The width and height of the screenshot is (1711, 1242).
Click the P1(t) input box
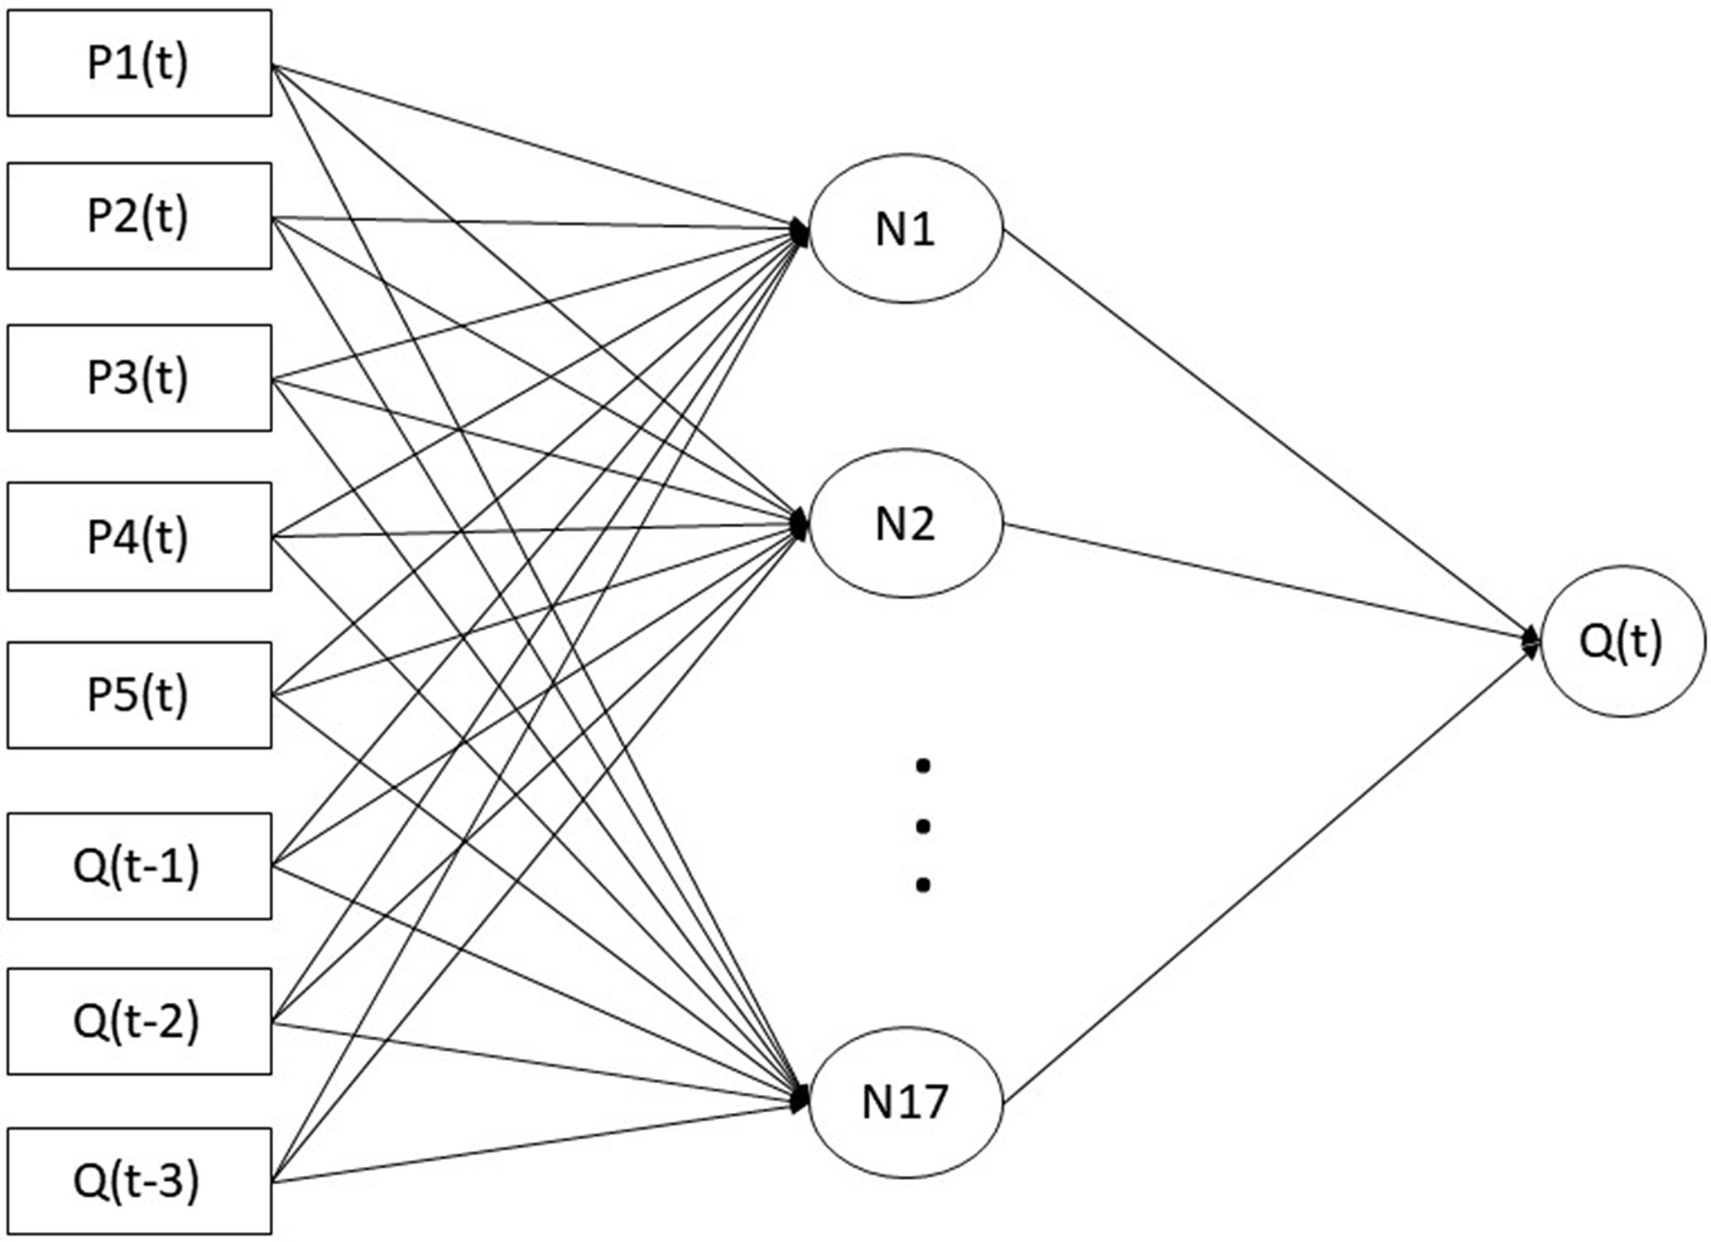[x=139, y=63]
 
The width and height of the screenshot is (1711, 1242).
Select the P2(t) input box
[x=139, y=216]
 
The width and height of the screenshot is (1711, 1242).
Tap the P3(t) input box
[x=139, y=377]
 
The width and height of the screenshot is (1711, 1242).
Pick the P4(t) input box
[x=139, y=536]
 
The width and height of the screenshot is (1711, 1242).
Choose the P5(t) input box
[x=139, y=695]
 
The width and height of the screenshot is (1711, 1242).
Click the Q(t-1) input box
[x=139, y=866]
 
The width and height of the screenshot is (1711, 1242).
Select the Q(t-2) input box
[x=139, y=1021]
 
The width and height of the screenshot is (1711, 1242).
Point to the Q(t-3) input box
[x=139, y=1181]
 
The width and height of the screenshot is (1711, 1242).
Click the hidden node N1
[x=906, y=229]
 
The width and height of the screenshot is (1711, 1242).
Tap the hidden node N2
[x=906, y=523]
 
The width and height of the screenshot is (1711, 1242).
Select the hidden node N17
[x=906, y=1101]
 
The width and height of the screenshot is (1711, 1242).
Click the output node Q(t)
[x=1622, y=641]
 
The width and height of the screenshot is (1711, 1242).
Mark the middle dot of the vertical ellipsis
[x=923, y=826]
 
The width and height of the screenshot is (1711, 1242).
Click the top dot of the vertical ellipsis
[x=923, y=766]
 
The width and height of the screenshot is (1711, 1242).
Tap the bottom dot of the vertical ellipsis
[x=923, y=885]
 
